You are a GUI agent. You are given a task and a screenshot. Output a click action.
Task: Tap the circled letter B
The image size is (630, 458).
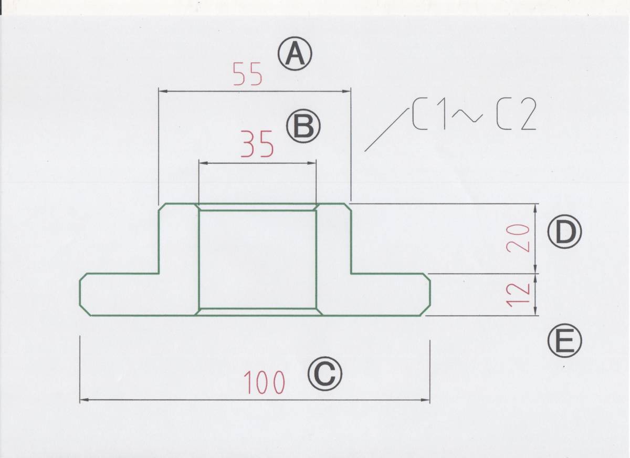[303, 127]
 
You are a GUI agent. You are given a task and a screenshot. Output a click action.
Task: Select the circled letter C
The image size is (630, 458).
[324, 374]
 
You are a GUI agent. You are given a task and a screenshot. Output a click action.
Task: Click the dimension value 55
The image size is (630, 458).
[248, 75]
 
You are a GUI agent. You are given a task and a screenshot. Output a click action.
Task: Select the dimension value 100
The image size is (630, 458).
[264, 382]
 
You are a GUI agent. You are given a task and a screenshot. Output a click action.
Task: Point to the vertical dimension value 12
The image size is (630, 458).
[518, 295]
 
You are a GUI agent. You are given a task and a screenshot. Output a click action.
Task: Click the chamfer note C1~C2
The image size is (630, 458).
[472, 116]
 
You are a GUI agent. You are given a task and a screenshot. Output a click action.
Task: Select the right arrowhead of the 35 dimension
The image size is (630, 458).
[313, 163]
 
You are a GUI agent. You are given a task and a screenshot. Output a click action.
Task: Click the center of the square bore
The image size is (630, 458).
[258, 259]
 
